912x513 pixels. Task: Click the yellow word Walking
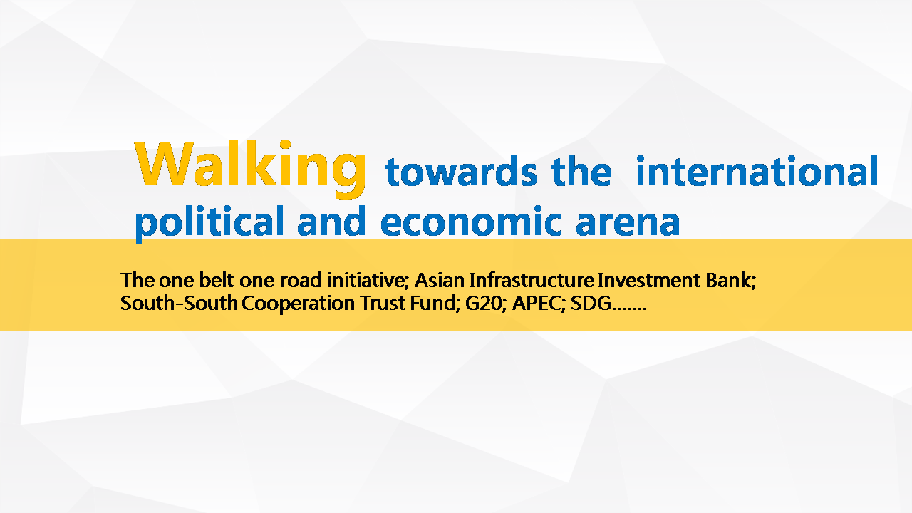pyautogui.click(x=250, y=169)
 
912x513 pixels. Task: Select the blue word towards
pyautogui.click(x=461, y=172)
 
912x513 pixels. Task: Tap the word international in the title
pyautogui.click(x=757, y=171)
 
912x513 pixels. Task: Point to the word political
pyautogui.click(x=209, y=223)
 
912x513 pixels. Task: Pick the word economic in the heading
pyautogui.click(x=471, y=221)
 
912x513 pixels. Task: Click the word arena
pyautogui.click(x=628, y=224)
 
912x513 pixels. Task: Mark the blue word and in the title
pyautogui.click(x=331, y=221)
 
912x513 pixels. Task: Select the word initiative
pyautogui.click(x=368, y=281)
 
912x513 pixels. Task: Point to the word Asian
pyautogui.click(x=440, y=280)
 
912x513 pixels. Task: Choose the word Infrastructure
pyautogui.click(x=532, y=280)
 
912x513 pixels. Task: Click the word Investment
pyautogui.click(x=648, y=280)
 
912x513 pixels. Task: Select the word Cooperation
pyautogui.click(x=299, y=304)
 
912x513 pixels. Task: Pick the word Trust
pyautogui.click(x=383, y=304)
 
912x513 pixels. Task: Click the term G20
pyautogui.click(x=486, y=304)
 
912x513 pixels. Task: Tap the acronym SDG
pyautogui.click(x=591, y=304)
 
